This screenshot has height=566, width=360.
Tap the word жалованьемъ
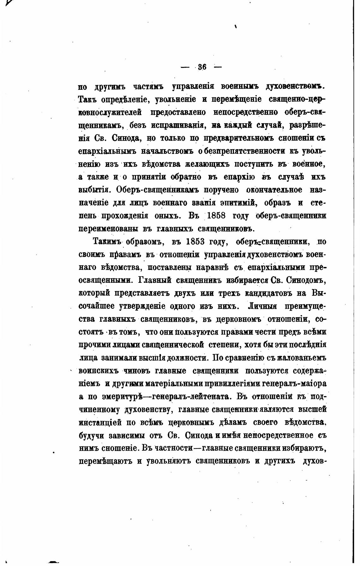(x=301, y=358)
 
